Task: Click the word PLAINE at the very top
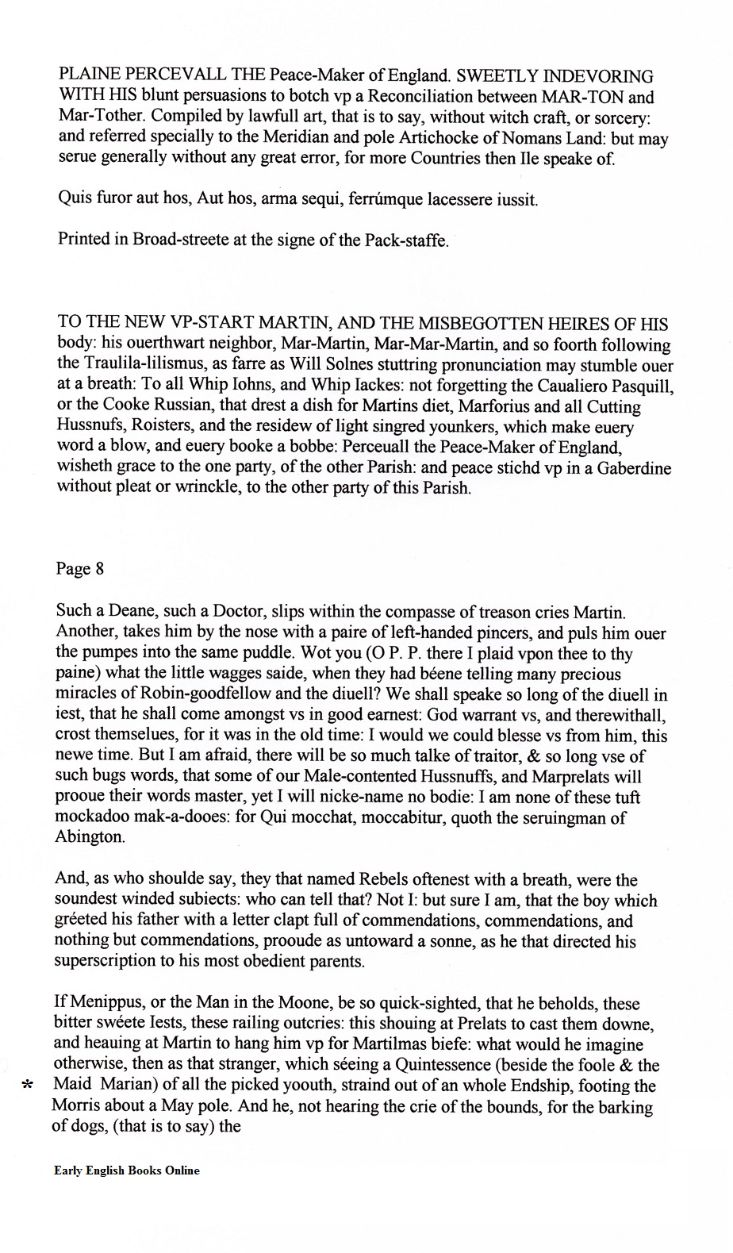90,77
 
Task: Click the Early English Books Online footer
127,1170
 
